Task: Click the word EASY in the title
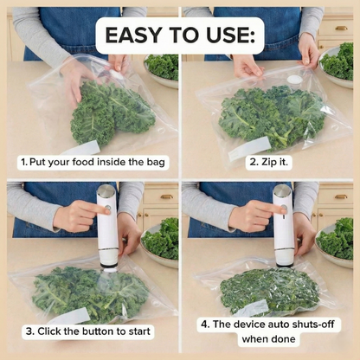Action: click(x=138, y=35)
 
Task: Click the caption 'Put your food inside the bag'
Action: click(x=95, y=162)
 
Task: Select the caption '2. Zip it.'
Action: click(x=269, y=162)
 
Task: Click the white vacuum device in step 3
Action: click(x=106, y=229)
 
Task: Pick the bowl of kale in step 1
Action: click(x=163, y=67)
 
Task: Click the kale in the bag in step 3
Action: click(x=87, y=290)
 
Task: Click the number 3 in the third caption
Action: click(x=29, y=331)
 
